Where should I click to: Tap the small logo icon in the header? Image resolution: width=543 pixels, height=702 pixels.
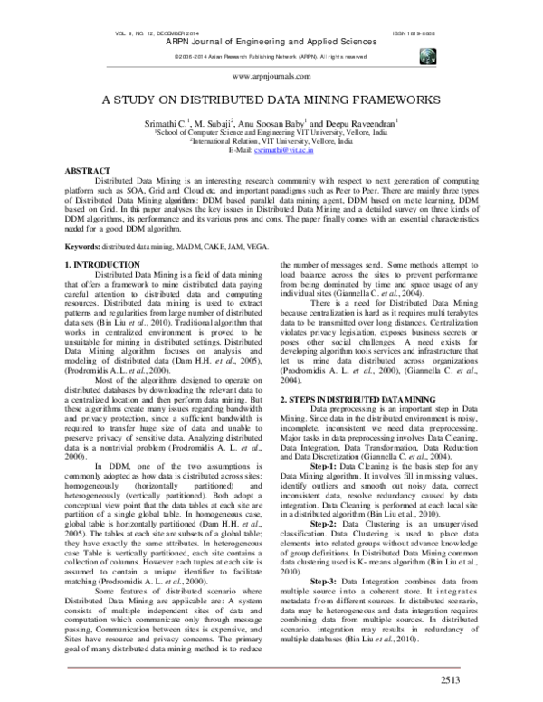426,55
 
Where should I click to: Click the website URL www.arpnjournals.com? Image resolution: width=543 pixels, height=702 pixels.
271,79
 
